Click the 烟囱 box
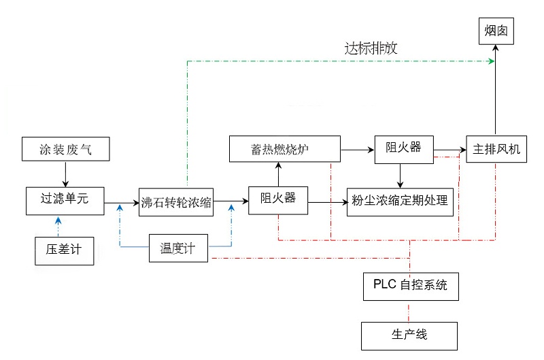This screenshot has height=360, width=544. point(494,31)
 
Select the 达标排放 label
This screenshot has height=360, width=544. point(371,49)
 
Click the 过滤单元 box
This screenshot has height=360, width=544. point(65,199)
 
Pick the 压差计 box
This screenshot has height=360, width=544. point(63,250)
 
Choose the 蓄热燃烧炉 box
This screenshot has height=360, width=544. point(284,149)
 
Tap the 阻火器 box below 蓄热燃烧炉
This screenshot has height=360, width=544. point(277,200)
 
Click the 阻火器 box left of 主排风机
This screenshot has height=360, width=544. point(404,148)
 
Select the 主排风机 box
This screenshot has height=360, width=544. point(496,149)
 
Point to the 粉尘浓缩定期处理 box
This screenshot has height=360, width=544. point(400,201)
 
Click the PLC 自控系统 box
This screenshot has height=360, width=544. point(409,286)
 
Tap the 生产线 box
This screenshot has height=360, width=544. point(409,335)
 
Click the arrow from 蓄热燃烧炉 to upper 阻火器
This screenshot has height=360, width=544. point(357,148)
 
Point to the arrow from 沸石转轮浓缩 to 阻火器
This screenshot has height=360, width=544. point(231,201)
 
